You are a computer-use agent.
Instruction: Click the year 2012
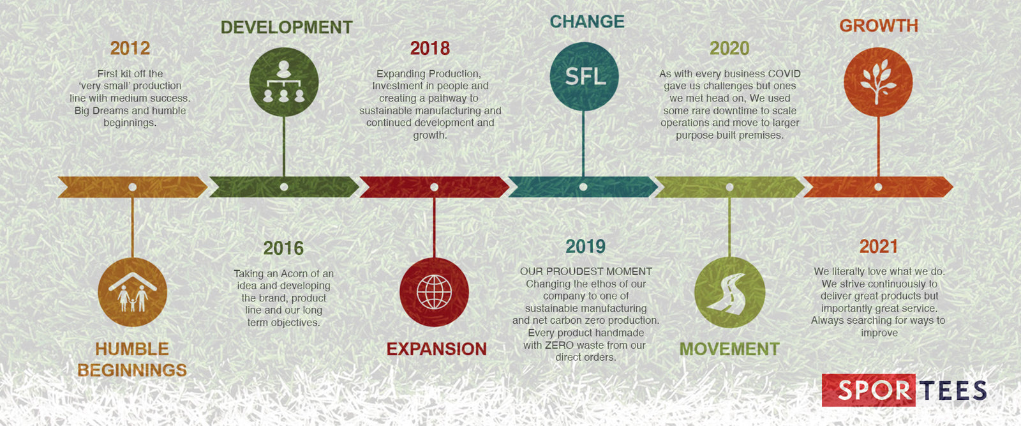tap(130, 49)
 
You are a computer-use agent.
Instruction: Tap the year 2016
tap(283, 248)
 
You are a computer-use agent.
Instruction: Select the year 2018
tap(430, 49)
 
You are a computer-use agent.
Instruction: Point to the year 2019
tap(585, 247)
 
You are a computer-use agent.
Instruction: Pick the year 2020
tap(729, 49)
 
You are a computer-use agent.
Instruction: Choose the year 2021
tap(878, 247)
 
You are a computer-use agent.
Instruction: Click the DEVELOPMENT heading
tap(287, 27)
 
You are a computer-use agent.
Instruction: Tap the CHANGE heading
tap(587, 22)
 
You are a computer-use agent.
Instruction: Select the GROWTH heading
tap(879, 26)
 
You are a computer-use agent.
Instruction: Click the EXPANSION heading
tap(436, 349)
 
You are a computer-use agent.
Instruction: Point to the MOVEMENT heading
tap(729, 349)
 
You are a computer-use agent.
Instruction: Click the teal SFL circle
tap(585, 77)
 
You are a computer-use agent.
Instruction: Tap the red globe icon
tap(434, 292)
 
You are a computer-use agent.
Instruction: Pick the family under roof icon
tap(133, 292)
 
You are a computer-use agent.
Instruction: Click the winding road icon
tap(729, 293)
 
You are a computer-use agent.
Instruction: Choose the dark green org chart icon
tap(283, 82)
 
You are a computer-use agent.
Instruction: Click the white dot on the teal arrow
tap(583, 187)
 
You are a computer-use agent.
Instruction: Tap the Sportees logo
tap(904, 390)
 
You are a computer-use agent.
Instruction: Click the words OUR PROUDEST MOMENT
tap(586, 271)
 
